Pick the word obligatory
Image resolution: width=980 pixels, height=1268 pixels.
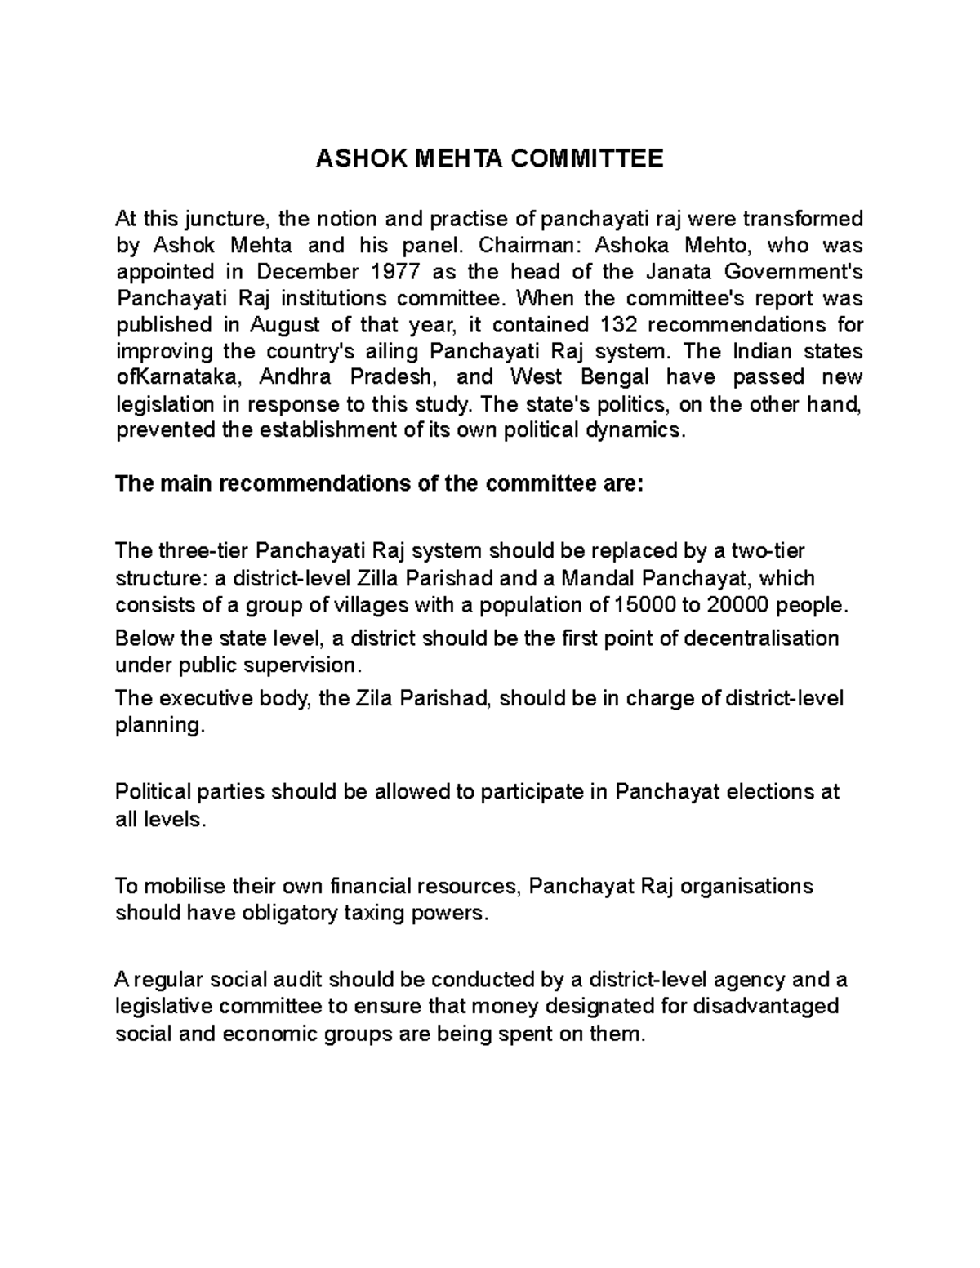pos(286,914)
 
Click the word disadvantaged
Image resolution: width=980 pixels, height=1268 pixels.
pos(765,1007)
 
